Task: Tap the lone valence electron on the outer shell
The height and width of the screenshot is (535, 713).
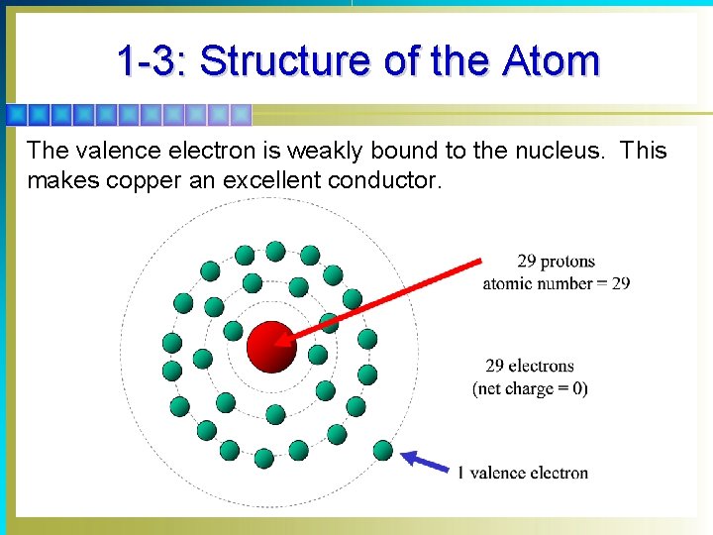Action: (x=383, y=451)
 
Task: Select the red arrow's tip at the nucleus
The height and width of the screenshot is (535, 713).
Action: (x=280, y=343)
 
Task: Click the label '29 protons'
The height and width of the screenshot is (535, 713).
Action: (x=556, y=262)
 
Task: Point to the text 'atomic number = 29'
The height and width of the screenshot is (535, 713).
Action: (x=556, y=283)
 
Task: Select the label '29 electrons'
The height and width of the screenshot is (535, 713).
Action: (x=530, y=367)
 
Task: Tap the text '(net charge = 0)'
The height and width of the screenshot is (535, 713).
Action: (x=530, y=388)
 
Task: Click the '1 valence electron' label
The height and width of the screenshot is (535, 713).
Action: (x=523, y=473)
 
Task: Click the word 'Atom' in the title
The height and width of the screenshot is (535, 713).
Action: (x=551, y=61)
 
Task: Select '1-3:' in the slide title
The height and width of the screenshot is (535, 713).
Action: (x=153, y=61)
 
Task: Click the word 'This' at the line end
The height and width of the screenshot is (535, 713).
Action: (x=644, y=152)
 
